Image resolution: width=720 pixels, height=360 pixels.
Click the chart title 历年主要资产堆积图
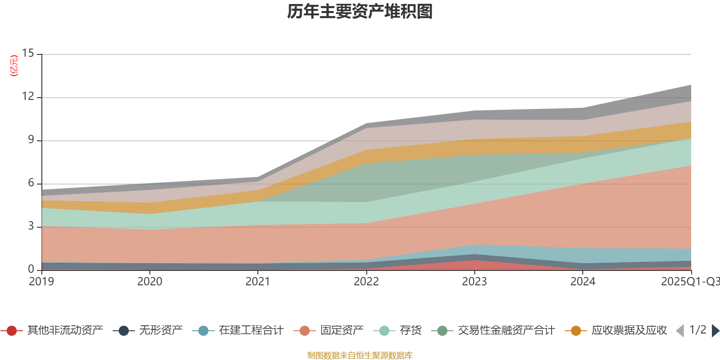click(x=360, y=12)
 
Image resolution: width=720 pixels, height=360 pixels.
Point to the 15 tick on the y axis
click(x=28, y=53)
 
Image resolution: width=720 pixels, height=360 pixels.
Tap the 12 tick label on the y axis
click(x=28, y=96)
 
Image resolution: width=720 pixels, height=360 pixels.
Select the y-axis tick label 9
click(x=31, y=139)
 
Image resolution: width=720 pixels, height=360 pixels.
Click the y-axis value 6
click(x=31, y=183)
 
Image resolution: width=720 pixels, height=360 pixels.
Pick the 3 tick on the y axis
click(x=31, y=226)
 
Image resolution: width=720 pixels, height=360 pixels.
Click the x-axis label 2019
click(x=41, y=282)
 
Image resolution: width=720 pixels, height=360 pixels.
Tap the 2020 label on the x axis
click(x=150, y=282)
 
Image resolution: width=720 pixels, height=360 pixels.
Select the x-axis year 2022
click(x=366, y=282)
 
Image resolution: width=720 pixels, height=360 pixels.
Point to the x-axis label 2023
click(x=475, y=282)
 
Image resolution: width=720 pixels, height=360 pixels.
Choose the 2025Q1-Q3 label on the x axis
click(x=690, y=282)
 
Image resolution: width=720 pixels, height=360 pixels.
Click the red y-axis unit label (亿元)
click(x=14, y=66)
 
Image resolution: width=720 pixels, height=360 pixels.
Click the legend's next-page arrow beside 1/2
click(x=715, y=331)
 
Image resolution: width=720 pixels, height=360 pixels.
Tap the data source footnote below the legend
click(x=360, y=355)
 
